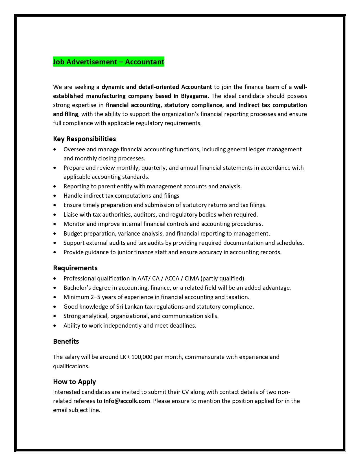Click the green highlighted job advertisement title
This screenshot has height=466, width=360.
tap(108, 62)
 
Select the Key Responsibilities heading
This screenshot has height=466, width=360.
tap(84, 139)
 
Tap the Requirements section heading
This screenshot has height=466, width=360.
tap(75, 268)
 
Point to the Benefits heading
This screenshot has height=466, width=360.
tap(66, 341)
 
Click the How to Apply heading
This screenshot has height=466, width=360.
tap(74, 382)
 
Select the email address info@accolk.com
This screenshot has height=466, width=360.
tap(127, 401)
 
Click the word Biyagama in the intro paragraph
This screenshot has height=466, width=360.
tap(194, 96)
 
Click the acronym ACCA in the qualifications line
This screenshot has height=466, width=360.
tap(172, 278)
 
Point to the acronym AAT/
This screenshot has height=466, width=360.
tap(144, 278)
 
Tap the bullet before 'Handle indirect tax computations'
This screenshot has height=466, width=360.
tap(54, 196)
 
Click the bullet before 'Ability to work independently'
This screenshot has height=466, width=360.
tap(54, 326)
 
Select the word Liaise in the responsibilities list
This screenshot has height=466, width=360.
tap(71, 215)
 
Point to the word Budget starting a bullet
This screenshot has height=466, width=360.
tap(73, 234)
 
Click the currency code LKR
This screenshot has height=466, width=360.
tap(125, 357)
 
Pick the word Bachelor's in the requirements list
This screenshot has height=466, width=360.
tap(77, 288)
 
